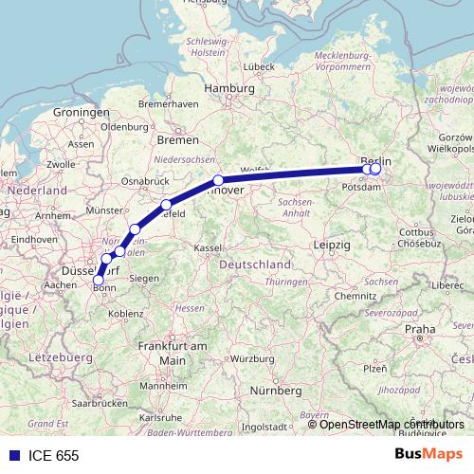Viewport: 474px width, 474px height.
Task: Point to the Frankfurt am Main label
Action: (172, 353)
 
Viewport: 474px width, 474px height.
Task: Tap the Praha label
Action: (419, 329)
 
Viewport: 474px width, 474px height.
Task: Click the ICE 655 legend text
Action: (55, 455)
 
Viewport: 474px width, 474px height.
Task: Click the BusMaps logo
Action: (428, 455)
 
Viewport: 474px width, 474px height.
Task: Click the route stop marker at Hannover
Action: (218, 180)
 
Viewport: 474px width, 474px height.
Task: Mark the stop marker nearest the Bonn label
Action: (98, 280)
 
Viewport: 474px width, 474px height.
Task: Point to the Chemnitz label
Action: (355, 296)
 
